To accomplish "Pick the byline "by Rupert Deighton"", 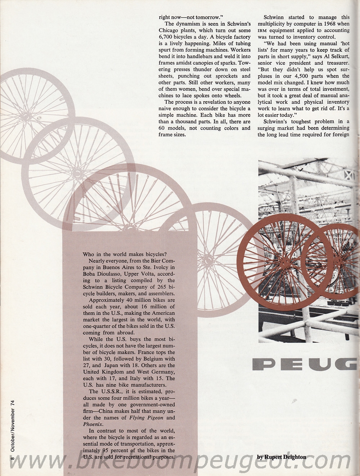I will [282, 457].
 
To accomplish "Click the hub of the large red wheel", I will [286, 259].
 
